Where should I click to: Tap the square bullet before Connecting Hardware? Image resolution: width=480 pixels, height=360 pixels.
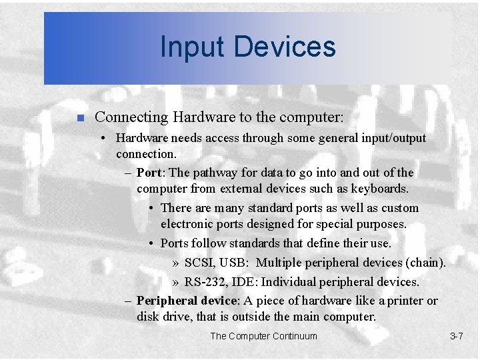[79, 118]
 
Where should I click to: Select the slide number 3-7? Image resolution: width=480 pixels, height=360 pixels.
[456, 336]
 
